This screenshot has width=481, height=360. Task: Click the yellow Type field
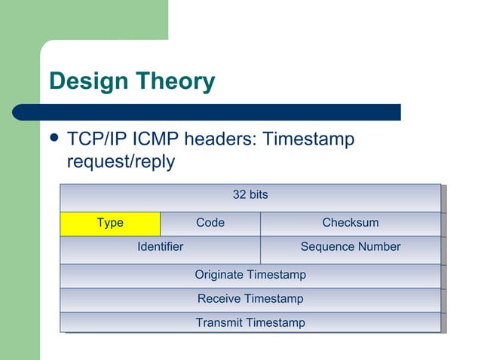click(110, 223)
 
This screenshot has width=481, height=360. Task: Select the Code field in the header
click(210, 223)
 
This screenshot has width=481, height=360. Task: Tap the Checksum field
click(350, 223)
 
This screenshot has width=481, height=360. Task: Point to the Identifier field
click(160, 247)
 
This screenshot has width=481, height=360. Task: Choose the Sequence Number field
click(350, 247)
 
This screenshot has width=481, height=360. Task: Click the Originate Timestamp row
click(250, 275)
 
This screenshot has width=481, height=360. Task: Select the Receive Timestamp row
click(250, 299)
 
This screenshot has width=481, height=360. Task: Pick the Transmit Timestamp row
click(250, 323)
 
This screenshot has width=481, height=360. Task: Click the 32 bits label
click(250, 195)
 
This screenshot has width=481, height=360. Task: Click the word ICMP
click(159, 140)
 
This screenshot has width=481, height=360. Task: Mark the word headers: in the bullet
click(222, 140)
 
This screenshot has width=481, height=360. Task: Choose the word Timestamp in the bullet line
click(308, 140)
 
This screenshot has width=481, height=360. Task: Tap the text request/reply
click(121, 162)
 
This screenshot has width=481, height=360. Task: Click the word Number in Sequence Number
click(379, 247)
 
